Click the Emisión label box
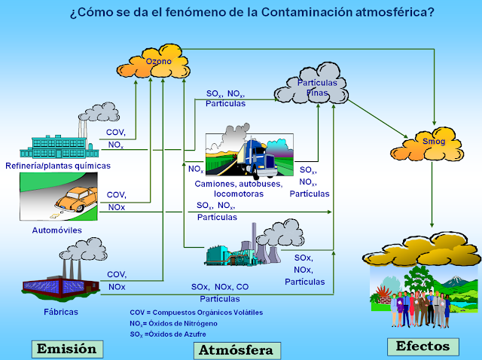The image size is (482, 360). click(x=67, y=348)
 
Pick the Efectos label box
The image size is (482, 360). click(x=423, y=346)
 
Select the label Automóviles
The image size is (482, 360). click(x=56, y=230)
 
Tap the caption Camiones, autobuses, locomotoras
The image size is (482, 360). click(x=238, y=188)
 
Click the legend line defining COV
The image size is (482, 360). click(x=196, y=312)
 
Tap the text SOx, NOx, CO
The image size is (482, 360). click(x=219, y=287)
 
